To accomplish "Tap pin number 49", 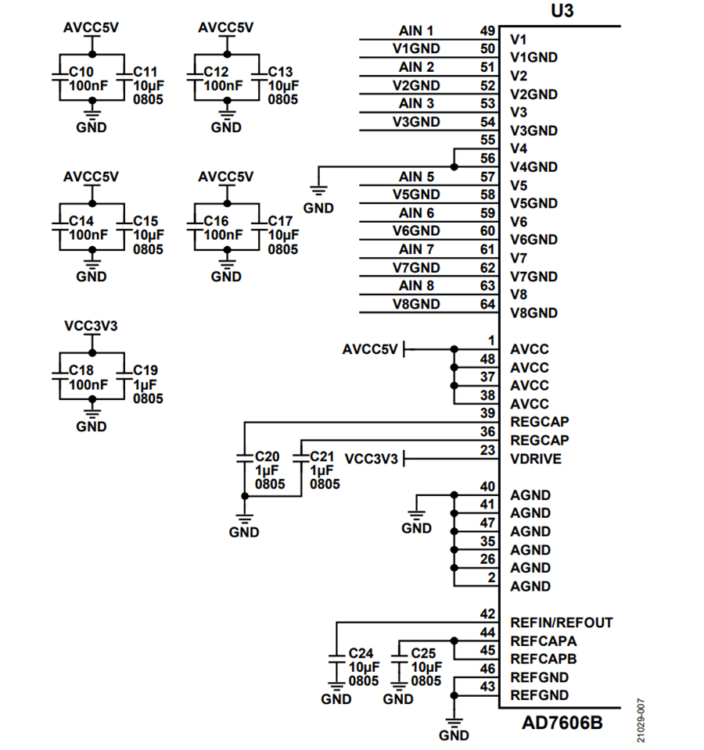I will point(487,31).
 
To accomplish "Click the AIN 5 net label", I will point(416,177).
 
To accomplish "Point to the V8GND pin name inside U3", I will point(533,313).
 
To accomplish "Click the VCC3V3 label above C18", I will point(92,327).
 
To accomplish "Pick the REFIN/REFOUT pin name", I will point(561,623).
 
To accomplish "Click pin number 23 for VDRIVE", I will point(487,450).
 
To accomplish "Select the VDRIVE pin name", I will point(535,459).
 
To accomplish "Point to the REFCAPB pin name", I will point(543,659).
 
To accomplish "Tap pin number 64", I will point(487,304).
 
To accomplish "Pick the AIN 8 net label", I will point(416,286).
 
